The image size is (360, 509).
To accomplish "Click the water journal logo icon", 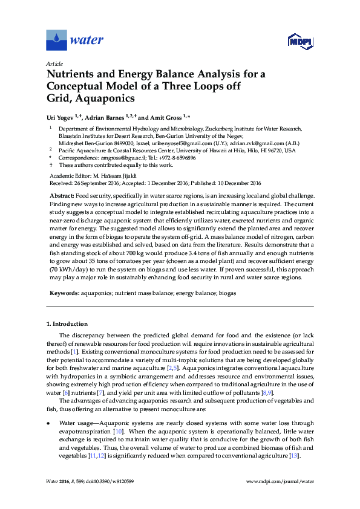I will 56,40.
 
